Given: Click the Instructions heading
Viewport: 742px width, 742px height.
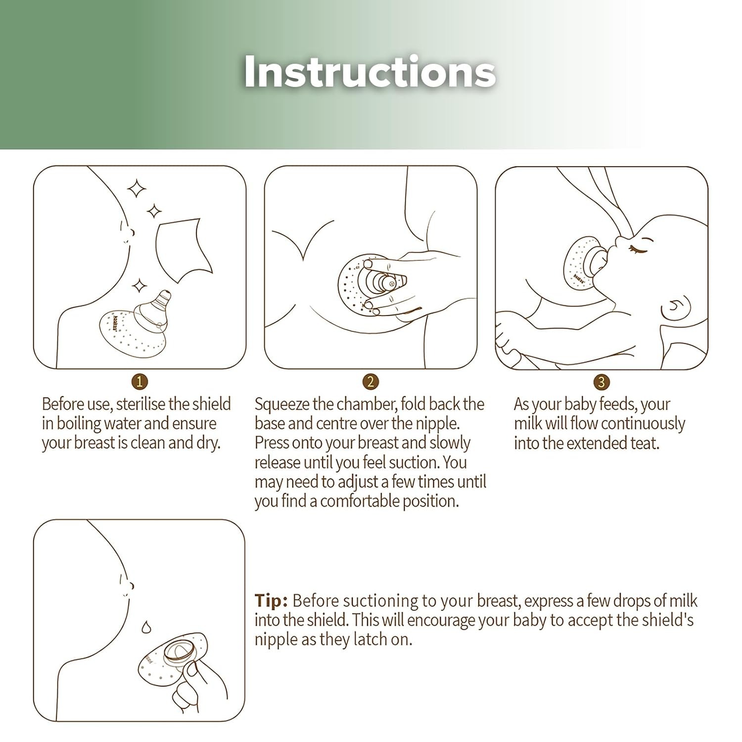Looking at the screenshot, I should (x=370, y=72).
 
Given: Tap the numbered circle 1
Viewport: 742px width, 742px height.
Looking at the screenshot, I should (x=140, y=381).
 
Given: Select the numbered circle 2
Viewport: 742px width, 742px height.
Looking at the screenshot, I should (x=371, y=381).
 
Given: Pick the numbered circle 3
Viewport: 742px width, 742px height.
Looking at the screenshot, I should (x=601, y=381).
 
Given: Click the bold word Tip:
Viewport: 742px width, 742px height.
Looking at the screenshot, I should (x=271, y=601).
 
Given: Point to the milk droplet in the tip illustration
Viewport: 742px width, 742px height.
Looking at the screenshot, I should (x=145, y=627).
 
